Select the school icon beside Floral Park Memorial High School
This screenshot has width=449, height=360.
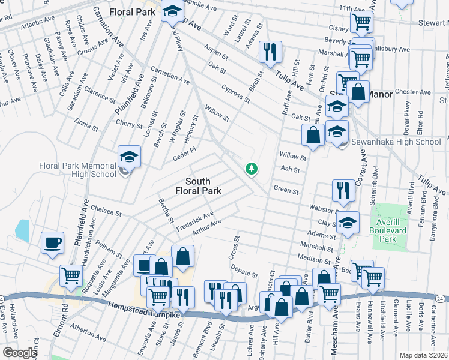(129, 158)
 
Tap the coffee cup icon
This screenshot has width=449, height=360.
(52, 244)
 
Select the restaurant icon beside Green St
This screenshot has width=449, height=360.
(343, 191)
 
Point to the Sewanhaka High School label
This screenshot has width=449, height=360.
(396, 142)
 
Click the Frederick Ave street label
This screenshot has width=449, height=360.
(195, 218)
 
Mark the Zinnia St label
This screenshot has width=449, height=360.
(86, 124)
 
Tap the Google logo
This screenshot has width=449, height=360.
(20, 352)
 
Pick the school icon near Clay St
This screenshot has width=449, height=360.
(347, 223)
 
